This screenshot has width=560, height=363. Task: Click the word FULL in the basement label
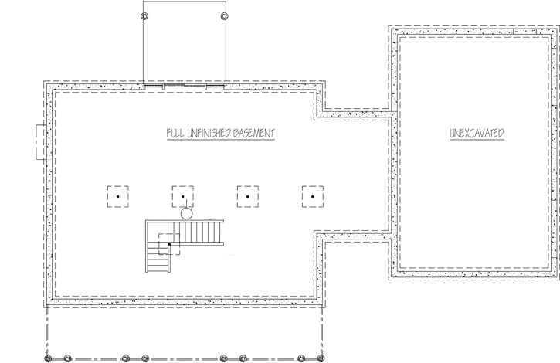(175, 134)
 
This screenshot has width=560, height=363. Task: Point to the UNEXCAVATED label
(477, 134)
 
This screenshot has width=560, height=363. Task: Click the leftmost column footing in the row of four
(117, 197)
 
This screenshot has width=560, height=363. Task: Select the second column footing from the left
(182, 197)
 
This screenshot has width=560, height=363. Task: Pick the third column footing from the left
(247, 197)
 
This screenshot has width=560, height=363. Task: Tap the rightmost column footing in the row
(312, 197)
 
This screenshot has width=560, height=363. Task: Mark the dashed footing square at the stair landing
(169, 244)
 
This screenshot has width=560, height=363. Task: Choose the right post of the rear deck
(224, 15)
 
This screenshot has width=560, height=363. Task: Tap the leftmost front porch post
(48, 358)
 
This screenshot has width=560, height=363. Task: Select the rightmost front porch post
(321, 358)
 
